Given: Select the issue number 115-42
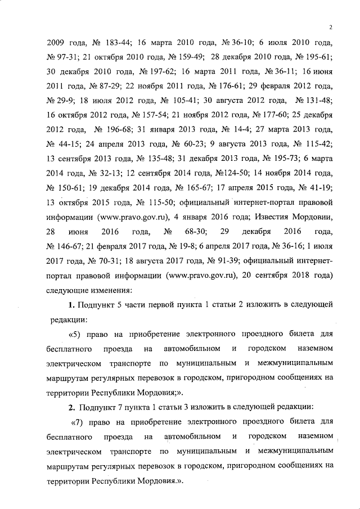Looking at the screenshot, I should (317, 145).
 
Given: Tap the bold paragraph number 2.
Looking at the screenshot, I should (71, 407).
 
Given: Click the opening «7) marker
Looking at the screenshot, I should (78, 421).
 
